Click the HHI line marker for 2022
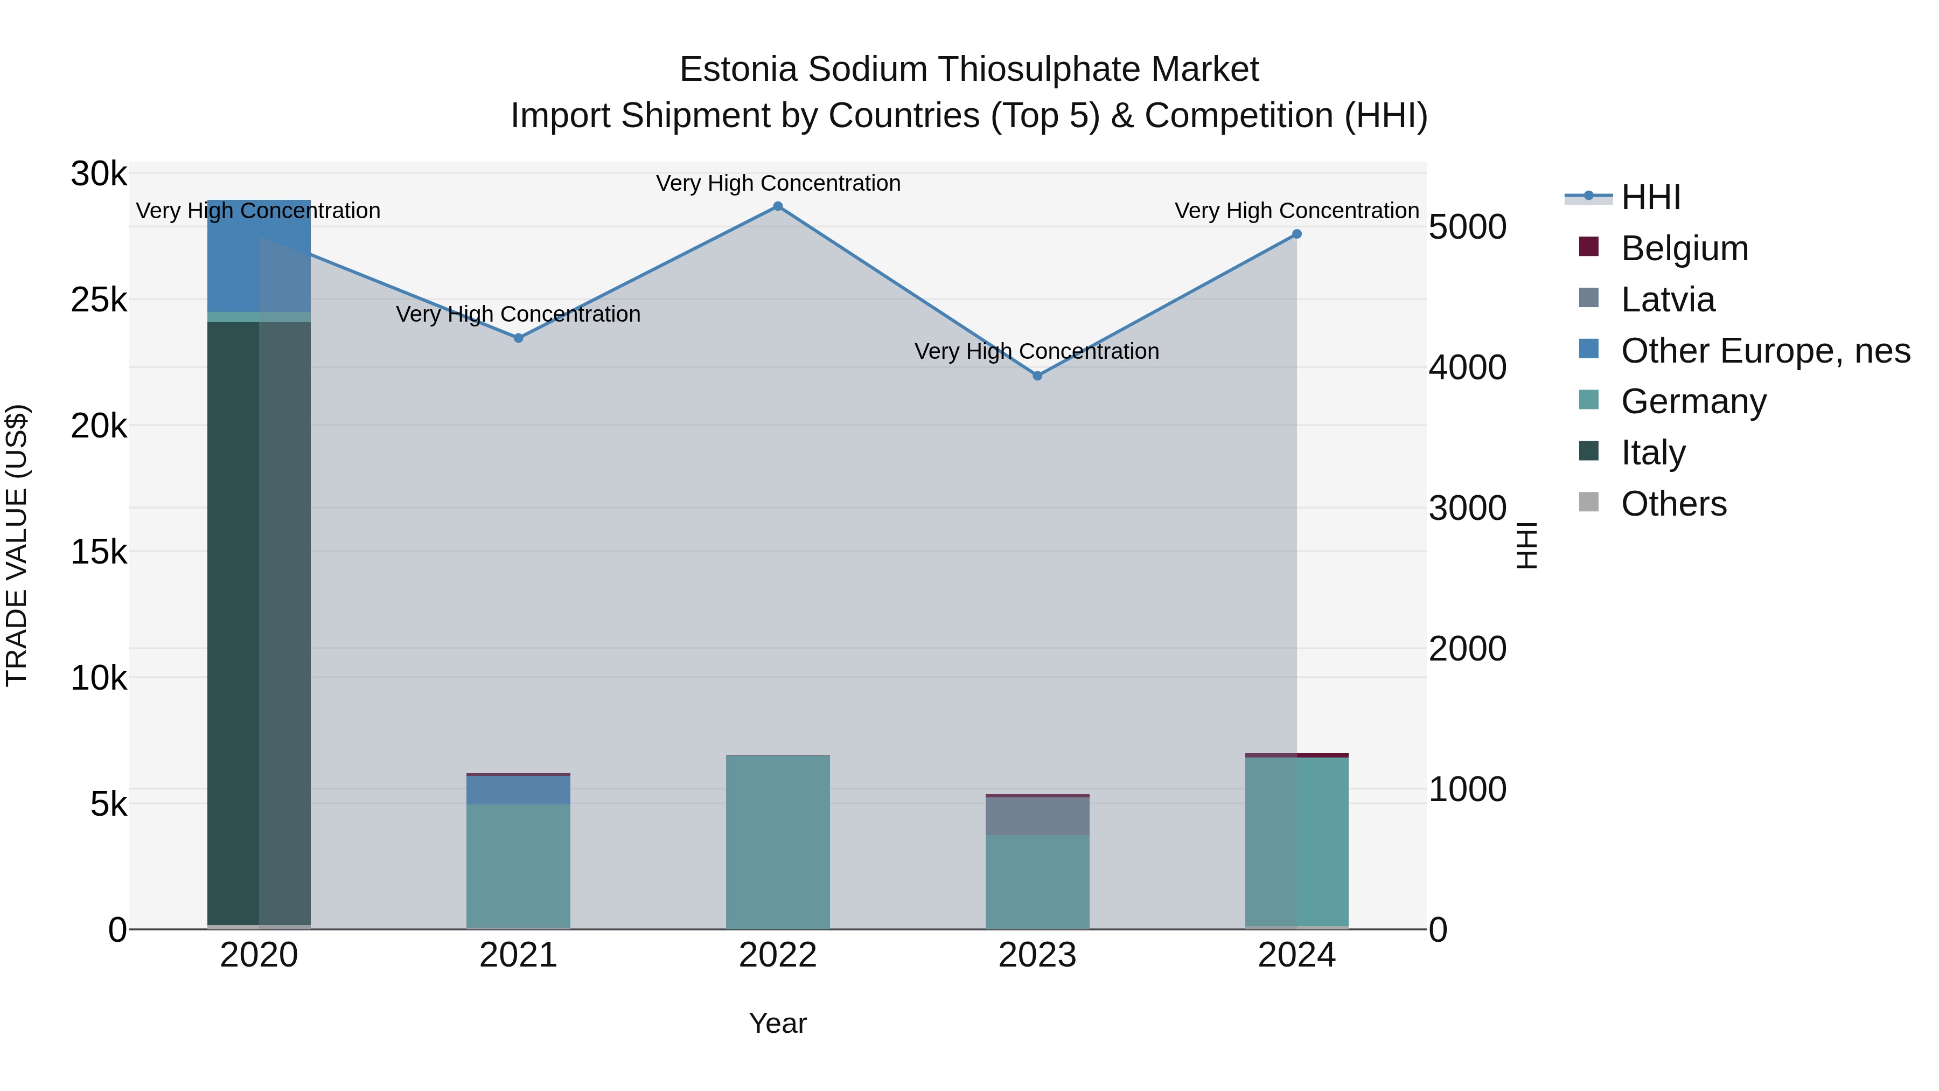[x=778, y=206]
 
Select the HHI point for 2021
[x=518, y=338]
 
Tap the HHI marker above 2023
[x=1037, y=376]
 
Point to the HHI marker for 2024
[x=1296, y=234]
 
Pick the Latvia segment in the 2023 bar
[x=1037, y=816]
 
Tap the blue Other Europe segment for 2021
[x=518, y=790]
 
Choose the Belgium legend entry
[x=1684, y=248]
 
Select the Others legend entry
[x=1673, y=504]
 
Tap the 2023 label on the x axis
[x=1037, y=955]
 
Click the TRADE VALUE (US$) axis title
[x=17, y=545]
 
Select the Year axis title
[x=778, y=1023]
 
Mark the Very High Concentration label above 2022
[x=778, y=183]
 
